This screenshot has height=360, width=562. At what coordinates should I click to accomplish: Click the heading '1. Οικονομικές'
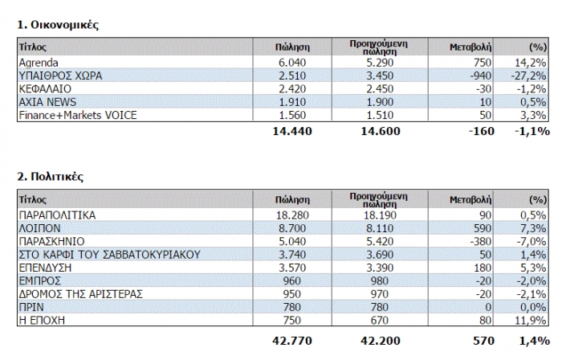(x=58, y=24)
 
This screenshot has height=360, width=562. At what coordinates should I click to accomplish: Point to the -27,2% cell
(x=532, y=76)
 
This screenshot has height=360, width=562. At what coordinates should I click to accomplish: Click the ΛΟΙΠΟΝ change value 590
(x=483, y=229)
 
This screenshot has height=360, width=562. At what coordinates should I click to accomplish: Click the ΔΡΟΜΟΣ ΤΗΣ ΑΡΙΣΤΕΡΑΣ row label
(x=80, y=293)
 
